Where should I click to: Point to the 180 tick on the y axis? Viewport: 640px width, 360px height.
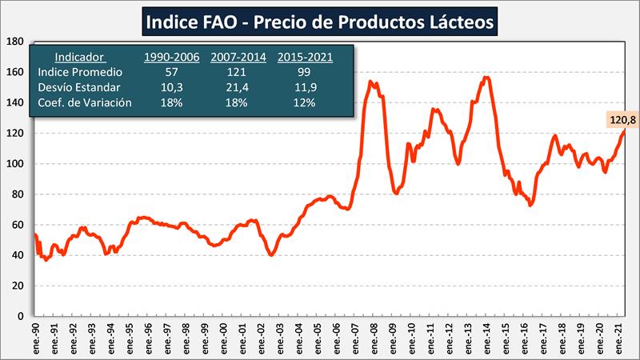[x=15, y=42]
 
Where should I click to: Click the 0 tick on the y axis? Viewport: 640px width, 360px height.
[x=22, y=316]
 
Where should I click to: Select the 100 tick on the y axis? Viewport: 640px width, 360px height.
[x=15, y=164]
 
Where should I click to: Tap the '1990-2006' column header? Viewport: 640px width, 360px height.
[x=170, y=58]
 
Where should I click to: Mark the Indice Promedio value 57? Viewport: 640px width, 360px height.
[x=170, y=73]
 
